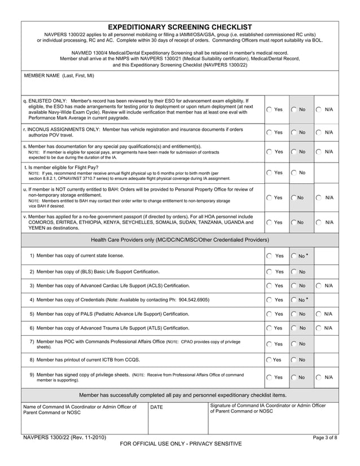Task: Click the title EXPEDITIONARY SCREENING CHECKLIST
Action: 179,27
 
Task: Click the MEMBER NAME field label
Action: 59,75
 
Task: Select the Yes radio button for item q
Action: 269,109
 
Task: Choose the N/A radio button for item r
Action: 319,132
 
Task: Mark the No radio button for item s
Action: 294,152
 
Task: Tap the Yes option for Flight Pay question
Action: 269,173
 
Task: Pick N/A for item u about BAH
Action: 319,197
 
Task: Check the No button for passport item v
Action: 294,223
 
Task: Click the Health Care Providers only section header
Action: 179,240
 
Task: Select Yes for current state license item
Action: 269,256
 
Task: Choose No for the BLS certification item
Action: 294,271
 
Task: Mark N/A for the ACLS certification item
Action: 319,285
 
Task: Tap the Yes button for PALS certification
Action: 269,314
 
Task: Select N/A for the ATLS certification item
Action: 319,328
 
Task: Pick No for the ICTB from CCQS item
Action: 294,359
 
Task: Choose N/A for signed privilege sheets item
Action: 319,377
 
